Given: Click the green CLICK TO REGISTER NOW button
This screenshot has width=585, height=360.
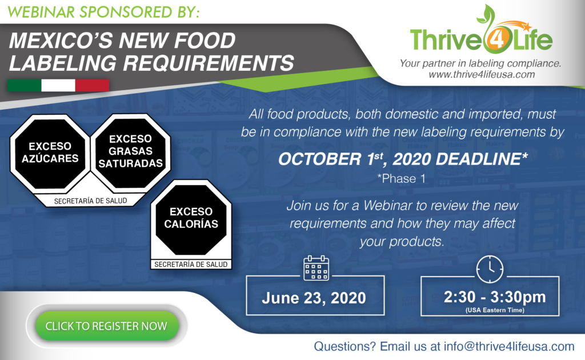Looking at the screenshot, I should coord(106,326).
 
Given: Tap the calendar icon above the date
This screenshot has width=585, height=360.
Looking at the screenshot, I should coord(316,268).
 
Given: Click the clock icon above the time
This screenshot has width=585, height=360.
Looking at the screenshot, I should coord(490,268).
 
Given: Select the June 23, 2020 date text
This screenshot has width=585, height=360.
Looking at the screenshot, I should coord(314,298).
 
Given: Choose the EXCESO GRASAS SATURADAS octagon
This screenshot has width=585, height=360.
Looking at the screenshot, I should coord(130,150).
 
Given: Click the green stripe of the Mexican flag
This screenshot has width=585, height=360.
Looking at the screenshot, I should coord(24,86).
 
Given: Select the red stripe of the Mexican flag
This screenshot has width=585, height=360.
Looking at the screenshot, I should coord(92,86).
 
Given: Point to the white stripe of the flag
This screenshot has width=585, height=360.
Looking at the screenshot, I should coord(58,86).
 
